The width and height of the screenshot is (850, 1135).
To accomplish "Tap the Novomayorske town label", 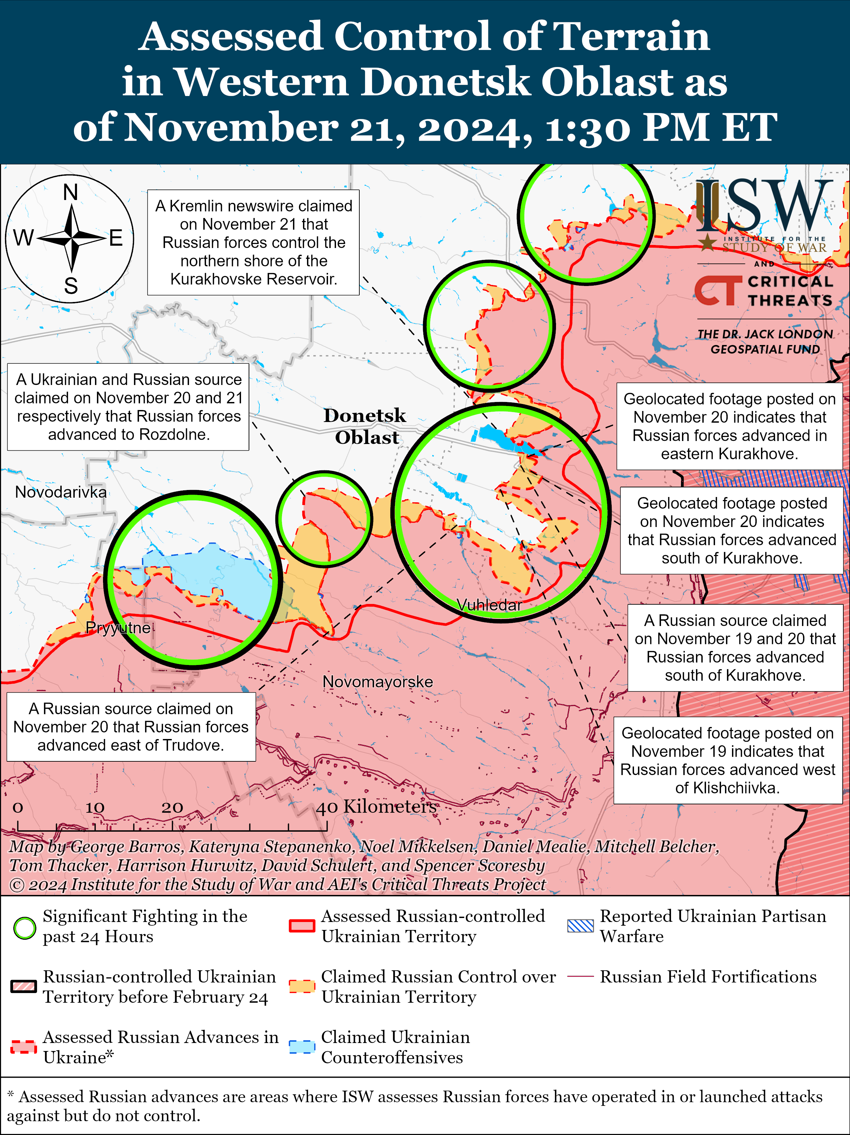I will pyautogui.click(x=378, y=682).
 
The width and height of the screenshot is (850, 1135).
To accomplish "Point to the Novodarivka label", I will pyautogui.click(x=61, y=492).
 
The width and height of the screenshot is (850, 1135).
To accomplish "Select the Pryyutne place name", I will pyautogui.click(x=118, y=628).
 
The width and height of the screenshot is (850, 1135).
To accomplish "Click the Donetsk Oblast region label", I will pyautogui.click(x=365, y=426).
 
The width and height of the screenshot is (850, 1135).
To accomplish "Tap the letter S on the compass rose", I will pyautogui.click(x=71, y=286).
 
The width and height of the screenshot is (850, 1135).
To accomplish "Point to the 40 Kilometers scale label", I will pyautogui.click(x=376, y=807).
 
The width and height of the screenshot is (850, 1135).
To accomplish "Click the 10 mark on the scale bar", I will pyautogui.click(x=95, y=808).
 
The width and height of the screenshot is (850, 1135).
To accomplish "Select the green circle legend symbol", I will pyautogui.click(x=24, y=928).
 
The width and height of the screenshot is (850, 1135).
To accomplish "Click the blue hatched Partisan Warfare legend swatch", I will pyautogui.click(x=580, y=926).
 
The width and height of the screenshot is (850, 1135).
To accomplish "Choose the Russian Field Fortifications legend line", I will pyautogui.click(x=580, y=976).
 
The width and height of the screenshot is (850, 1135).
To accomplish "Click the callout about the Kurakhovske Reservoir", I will pyautogui.click(x=253, y=243).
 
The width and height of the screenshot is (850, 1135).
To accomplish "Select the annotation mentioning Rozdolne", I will pyautogui.click(x=128, y=407).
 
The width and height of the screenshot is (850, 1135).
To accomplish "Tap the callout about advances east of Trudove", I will pyautogui.click(x=131, y=727).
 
